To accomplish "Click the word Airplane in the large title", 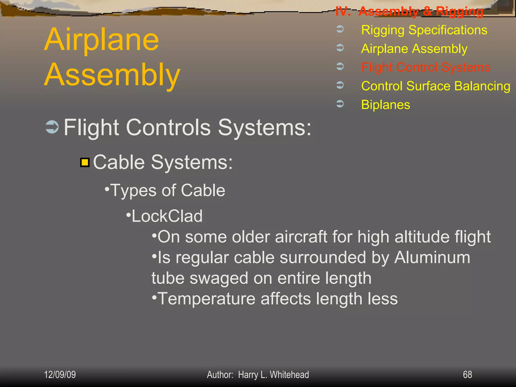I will pyautogui.click(x=102, y=40).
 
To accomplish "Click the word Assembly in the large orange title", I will pyautogui.click(x=112, y=75).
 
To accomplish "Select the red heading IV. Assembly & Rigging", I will pyautogui.click(x=409, y=11).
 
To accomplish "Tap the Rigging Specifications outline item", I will pyautogui.click(x=424, y=30).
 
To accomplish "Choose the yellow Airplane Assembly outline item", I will pyautogui.click(x=414, y=49).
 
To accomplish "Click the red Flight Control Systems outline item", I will pyautogui.click(x=426, y=67).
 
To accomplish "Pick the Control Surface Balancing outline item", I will pyautogui.click(x=436, y=86).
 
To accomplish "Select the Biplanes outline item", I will pyautogui.click(x=385, y=105).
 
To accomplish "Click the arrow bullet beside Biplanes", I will pyautogui.click(x=340, y=104).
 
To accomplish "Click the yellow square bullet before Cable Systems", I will pyautogui.click(x=85, y=162).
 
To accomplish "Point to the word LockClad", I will pyautogui.click(x=167, y=216).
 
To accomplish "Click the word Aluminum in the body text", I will pyautogui.click(x=432, y=257).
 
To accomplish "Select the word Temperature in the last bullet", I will pyautogui.click(x=206, y=299).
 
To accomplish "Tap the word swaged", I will pyautogui.click(x=219, y=278).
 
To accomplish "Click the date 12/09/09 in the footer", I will pyautogui.click(x=60, y=375).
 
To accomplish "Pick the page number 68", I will pyautogui.click(x=467, y=375).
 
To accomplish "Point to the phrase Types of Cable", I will pyautogui.click(x=168, y=190).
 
